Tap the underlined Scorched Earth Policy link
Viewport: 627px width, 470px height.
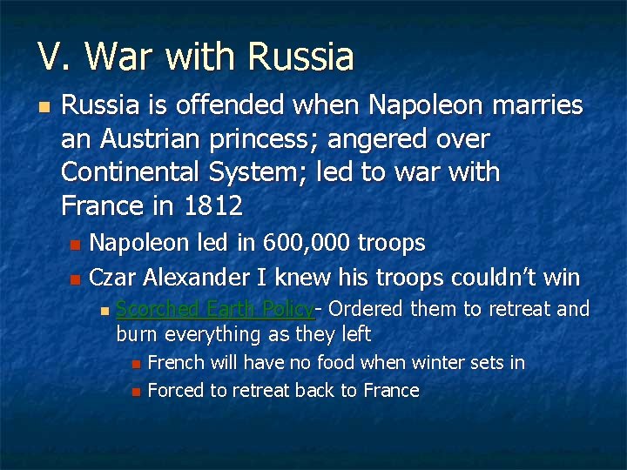(x=215, y=309)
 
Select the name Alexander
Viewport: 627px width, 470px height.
(x=196, y=278)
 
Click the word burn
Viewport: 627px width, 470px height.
(x=136, y=334)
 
